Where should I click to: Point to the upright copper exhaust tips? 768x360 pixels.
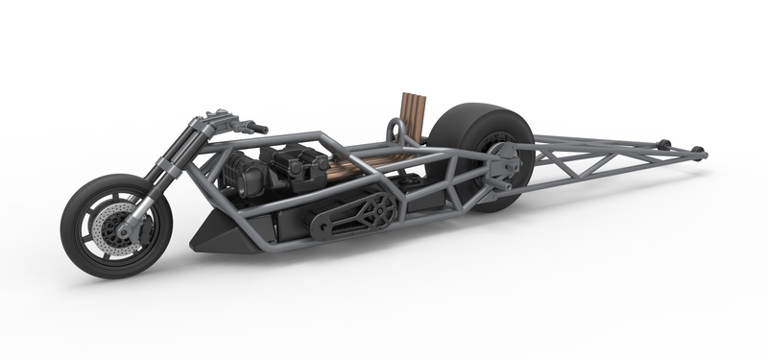tap(411, 113)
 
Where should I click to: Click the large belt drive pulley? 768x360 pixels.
tap(376, 207)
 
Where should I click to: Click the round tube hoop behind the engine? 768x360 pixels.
tap(392, 128)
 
